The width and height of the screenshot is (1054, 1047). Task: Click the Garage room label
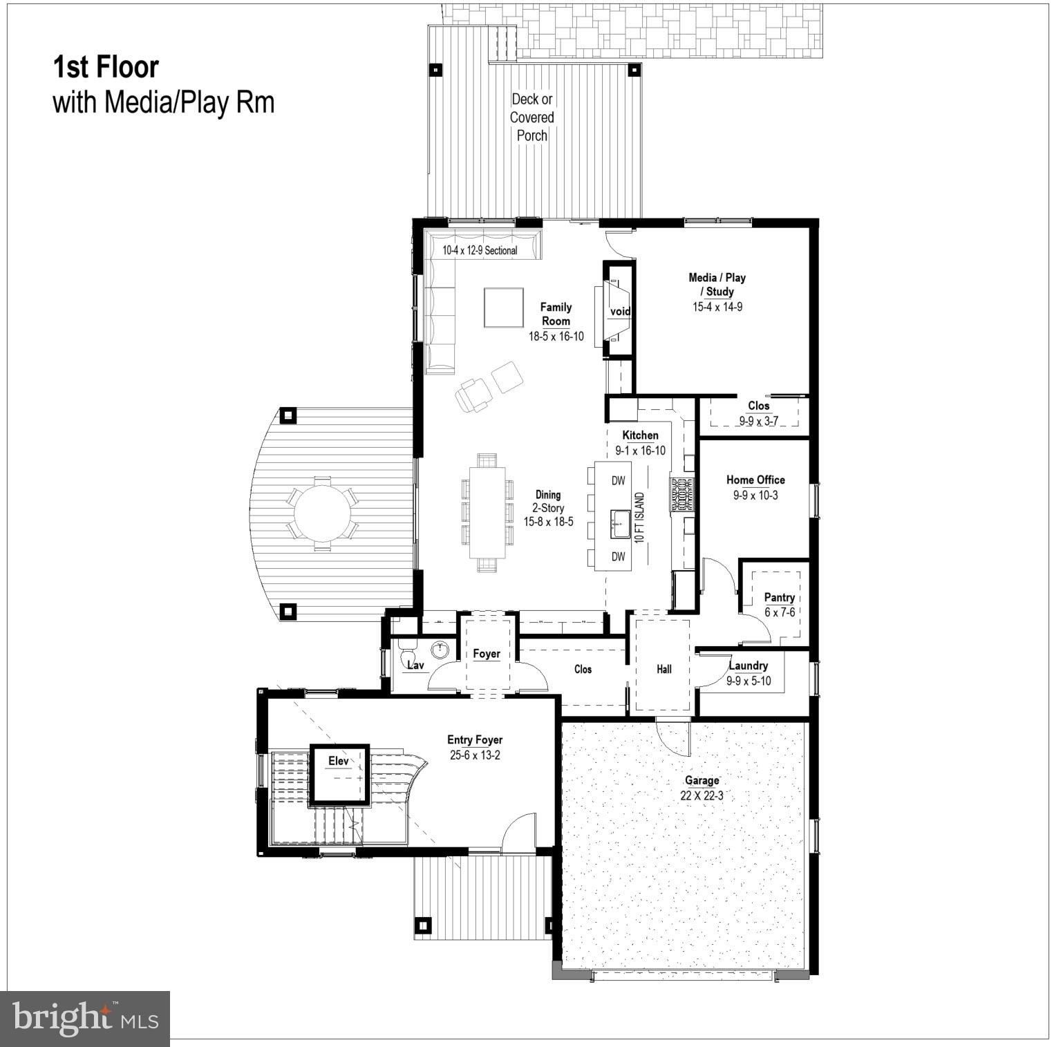click(702, 780)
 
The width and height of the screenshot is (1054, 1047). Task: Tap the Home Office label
click(755, 480)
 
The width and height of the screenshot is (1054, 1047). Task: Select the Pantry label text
click(779, 597)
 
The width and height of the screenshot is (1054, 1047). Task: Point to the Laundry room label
click(749, 666)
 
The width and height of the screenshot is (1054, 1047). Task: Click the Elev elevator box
click(339, 773)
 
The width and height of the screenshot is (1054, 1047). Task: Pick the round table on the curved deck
click(323, 512)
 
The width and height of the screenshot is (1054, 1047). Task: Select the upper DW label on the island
click(618, 480)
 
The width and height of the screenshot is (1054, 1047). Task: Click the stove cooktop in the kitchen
click(681, 495)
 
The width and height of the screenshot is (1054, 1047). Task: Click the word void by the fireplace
click(620, 312)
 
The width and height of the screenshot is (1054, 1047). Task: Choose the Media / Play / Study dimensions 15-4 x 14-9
click(717, 307)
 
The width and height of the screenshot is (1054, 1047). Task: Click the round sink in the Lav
click(440, 650)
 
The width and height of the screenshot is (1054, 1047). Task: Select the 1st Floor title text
click(106, 67)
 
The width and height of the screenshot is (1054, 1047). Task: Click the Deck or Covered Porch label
click(531, 117)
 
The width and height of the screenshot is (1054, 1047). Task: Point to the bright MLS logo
click(85, 1019)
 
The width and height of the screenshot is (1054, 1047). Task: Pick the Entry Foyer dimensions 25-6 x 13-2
click(475, 755)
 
